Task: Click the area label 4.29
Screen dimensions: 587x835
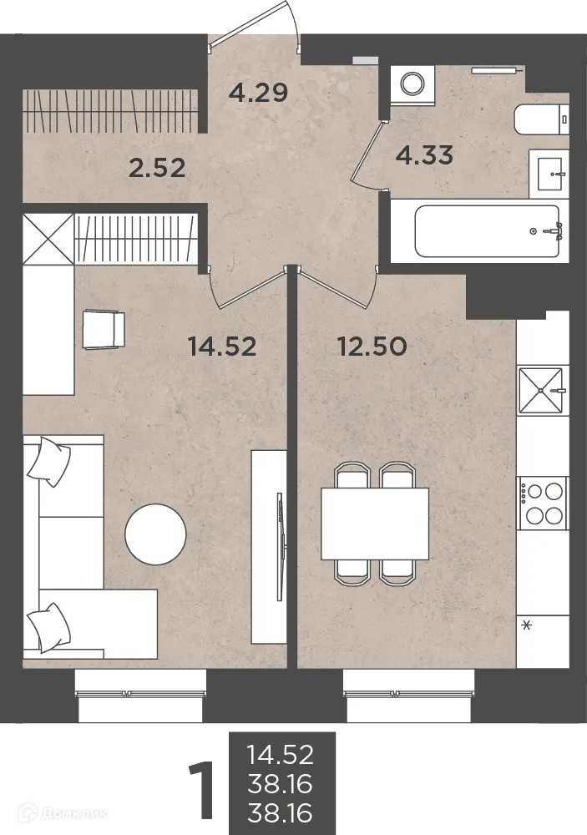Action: (258, 93)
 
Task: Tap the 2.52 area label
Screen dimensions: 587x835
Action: (157, 169)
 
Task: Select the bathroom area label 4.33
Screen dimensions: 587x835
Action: (424, 155)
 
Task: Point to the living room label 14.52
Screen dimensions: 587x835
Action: (222, 347)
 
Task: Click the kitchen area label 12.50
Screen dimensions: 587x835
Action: (372, 347)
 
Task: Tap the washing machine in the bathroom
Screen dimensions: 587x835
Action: (412, 83)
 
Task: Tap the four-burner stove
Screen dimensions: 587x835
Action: (542, 504)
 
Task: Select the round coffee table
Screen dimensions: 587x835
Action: (155, 534)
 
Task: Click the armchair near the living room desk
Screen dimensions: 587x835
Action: (104, 330)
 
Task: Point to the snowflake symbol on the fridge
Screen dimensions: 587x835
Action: (527, 625)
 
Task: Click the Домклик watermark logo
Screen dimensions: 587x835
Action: (63, 813)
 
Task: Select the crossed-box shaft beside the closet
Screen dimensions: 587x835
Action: (48, 239)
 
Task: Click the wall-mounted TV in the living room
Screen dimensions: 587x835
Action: (280, 547)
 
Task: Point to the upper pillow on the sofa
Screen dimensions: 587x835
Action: (49, 461)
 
